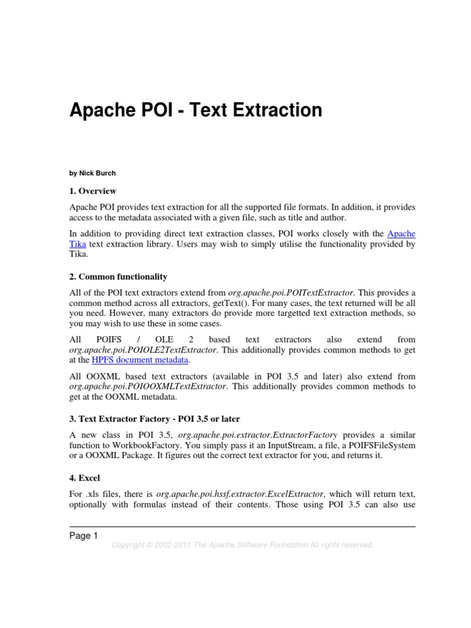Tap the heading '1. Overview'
pos(93,191)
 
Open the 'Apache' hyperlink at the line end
pos(401,234)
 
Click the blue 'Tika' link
pos(78,244)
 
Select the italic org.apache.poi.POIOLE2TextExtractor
pos(142,350)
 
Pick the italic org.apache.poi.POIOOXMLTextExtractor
pos(148,387)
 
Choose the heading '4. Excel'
pos(85,477)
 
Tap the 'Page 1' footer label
pos(83,536)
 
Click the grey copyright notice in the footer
pos(242,545)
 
